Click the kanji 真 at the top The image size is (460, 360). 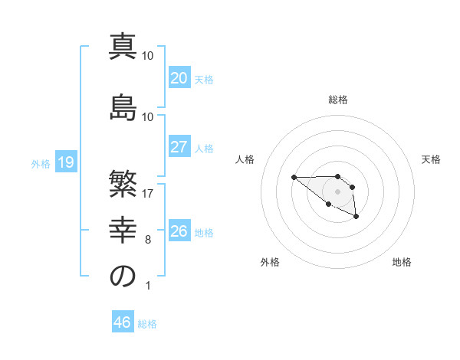123,47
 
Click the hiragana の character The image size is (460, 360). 123,277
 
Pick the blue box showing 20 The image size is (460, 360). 179,77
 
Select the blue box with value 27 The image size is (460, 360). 179,147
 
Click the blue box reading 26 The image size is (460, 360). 179,231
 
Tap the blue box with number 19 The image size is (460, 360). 65,162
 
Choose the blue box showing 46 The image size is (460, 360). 123,322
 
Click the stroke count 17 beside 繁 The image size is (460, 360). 148,194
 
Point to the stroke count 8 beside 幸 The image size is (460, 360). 148,240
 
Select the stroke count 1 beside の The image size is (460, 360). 148,286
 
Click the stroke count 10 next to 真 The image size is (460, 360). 148,56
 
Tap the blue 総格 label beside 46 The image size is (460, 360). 147,324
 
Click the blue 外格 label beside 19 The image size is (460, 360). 41,163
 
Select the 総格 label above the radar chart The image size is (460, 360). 338,100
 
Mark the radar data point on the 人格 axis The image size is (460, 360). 294,177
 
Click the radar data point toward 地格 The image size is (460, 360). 356,218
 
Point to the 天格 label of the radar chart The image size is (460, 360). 432,159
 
